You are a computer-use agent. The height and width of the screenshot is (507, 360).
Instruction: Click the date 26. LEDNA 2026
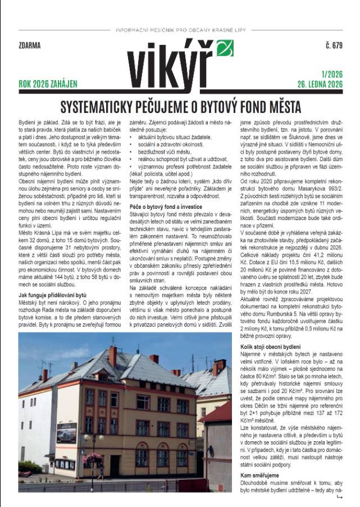pyautogui.click(x=319, y=85)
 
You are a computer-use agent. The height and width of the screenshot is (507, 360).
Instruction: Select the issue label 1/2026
pyautogui.click(x=331, y=74)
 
